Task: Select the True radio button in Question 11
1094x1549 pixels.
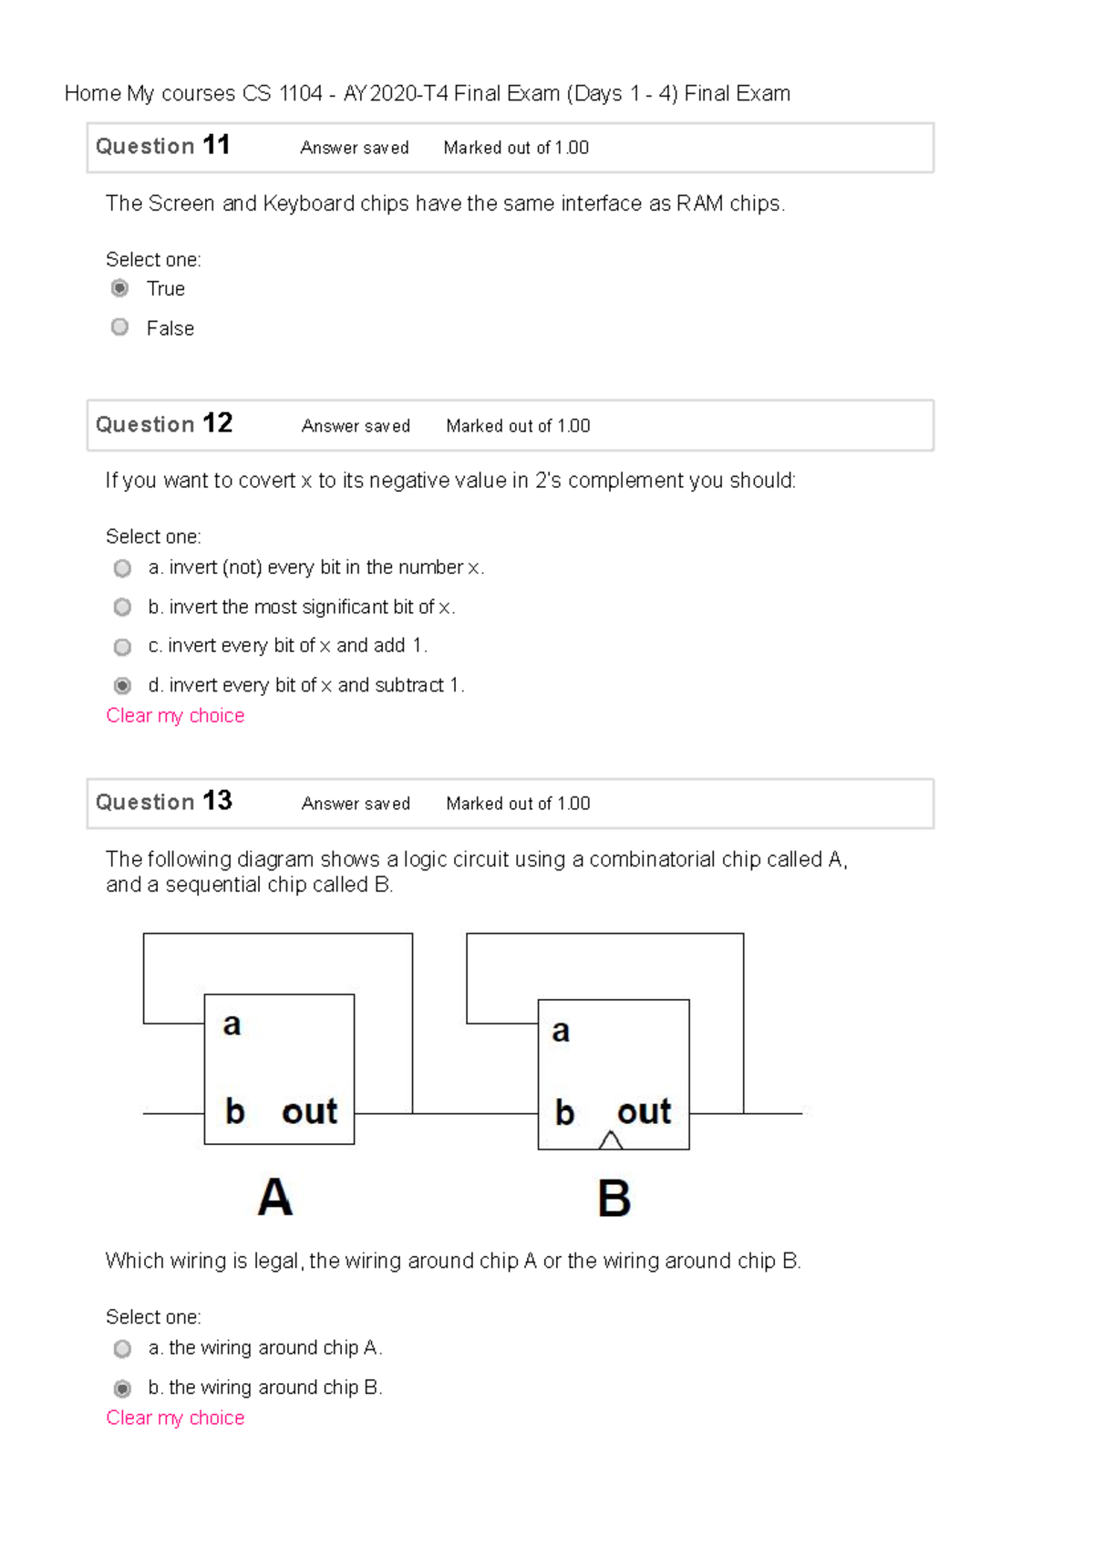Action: pyautogui.click(x=119, y=288)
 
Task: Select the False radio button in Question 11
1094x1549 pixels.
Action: pyautogui.click(x=119, y=327)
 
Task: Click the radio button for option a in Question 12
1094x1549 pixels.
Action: pyautogui.click(x=122, y=568)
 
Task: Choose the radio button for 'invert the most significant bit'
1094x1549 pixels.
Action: pyautogui.click(x=122, y=607)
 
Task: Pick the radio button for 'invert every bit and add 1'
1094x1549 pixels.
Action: pyautogui.click(x=122, y=647)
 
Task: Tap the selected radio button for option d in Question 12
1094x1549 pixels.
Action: pyautogui.click(x=122, y=685)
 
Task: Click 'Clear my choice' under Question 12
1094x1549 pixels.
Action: pyautogui.click(x=175, y=716)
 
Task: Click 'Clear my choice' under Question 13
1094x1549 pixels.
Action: pyautogui.click(x=175, y=1419)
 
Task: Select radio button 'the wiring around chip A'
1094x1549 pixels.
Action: pyautogui.click(x=122, y=1348)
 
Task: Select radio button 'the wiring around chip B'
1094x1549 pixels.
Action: pyautogui.click(x=122, y=1388)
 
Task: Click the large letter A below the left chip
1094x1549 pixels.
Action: pyautogui.click(x=274, y=1198)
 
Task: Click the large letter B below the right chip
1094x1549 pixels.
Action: pyautogui.click(x=614, y=1199)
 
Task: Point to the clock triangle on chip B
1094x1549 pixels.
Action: pyautogui.click(x=611, y=1140)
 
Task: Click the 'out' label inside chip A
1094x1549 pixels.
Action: pyautogui.click(x=309, y=1112)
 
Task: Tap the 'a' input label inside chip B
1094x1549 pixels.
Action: pyautogui.click(x=561, y=1032)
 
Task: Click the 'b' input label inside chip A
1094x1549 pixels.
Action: pyautogui.click(x=234, y=1111)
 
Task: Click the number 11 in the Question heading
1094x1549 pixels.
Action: pyautogui.click(x=216, y=145)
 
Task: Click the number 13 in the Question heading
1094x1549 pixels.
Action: pyautogui.click(x=217, y=801)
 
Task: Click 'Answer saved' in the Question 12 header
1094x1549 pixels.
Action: pyautogui.click(x=356, y=426)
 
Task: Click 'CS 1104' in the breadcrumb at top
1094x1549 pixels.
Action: pyautogui.click(x=282, y=94)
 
